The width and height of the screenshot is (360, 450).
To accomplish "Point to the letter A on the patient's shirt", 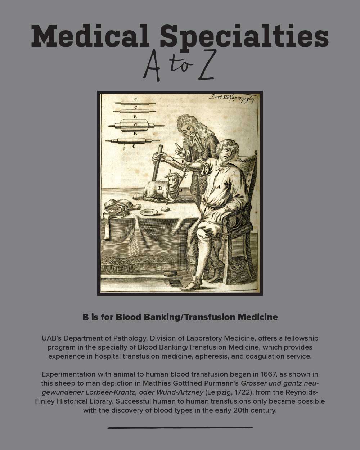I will (218, 187).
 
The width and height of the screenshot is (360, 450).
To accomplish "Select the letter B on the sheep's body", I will (160, 188).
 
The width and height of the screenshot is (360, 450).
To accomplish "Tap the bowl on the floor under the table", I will (170, 274).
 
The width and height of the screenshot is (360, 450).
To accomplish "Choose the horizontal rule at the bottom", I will (180, 428).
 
